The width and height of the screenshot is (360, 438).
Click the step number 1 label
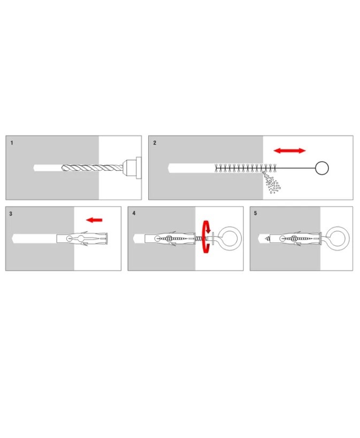(x=12, y=143)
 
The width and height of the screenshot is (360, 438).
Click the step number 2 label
(x=155, y=143)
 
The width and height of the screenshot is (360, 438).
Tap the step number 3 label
(x=11, y=214)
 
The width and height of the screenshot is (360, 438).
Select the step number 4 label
(x=134, y=214)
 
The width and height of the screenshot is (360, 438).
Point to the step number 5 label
(x=255, y=214)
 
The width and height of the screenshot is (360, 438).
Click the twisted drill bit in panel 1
(x=92, y=168)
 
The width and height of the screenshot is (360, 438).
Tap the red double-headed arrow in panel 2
(x=290, y=151)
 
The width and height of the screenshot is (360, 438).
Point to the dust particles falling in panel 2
(x=271, y=183)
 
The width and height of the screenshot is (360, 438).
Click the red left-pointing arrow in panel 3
(x=94, y=220)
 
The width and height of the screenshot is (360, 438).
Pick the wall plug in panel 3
(x=82, y=239)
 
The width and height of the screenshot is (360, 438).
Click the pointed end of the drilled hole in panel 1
(x=35, y=168)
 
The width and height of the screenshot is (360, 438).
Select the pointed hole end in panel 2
(x=170, y=168)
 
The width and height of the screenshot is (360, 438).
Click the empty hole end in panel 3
(x=14, y=239)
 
